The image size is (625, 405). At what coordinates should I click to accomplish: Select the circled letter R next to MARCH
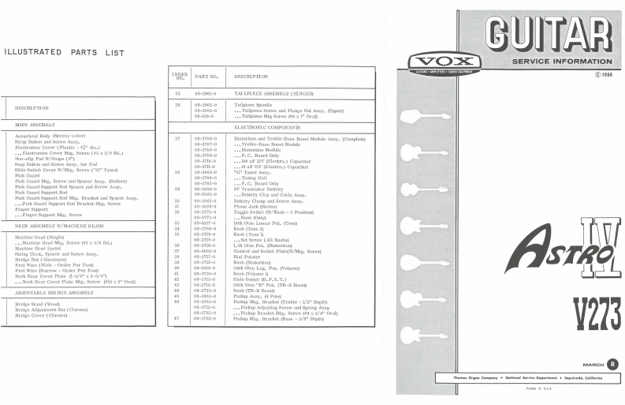613,364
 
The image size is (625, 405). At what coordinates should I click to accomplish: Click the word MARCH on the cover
593,364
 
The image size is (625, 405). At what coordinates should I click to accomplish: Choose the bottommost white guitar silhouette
426,334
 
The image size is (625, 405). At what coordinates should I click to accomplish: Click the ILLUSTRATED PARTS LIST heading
65,53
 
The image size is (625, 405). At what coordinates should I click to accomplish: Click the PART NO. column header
207,77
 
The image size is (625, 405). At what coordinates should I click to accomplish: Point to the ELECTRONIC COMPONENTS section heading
266,127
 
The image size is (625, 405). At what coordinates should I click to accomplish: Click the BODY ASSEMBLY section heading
35,124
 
